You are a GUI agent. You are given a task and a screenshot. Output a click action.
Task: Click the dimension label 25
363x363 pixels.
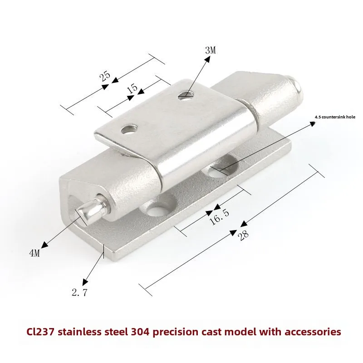click(x=105, y=77)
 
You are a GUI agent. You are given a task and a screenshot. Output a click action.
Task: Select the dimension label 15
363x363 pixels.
click(x=132, y=88)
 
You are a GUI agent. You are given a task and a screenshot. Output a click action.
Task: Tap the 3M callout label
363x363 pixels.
click(x=210, y=50)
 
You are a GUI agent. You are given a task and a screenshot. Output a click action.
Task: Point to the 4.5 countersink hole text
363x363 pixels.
click(x=335, y=118)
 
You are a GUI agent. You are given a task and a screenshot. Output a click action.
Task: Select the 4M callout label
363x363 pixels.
click(x=34, y=253)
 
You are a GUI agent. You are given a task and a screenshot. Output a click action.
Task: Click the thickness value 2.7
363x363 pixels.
click(x=79, y=293)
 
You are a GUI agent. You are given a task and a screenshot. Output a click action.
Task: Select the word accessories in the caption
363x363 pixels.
click(x=312, y=332)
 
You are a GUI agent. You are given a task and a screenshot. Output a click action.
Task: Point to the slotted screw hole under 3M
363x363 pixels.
click(x=185, y=94)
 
